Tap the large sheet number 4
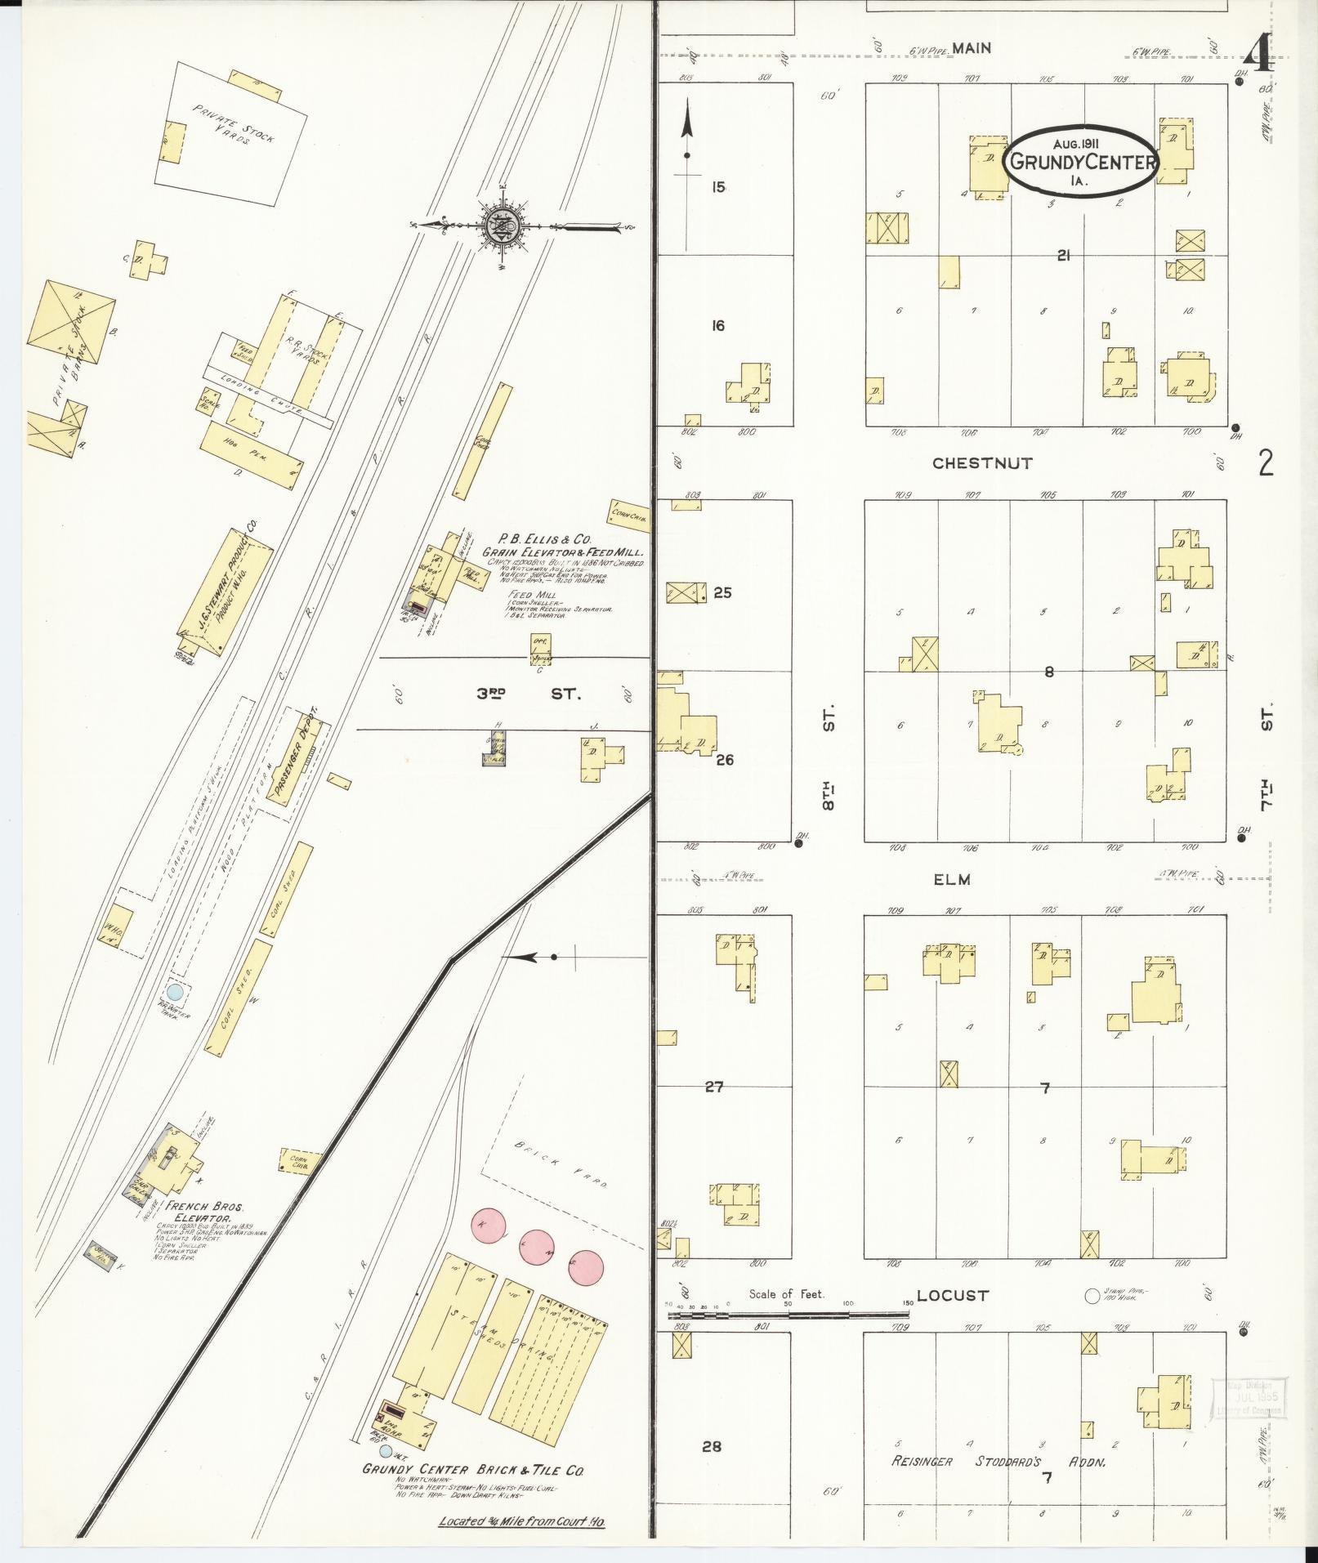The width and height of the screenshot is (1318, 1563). (1258, 56)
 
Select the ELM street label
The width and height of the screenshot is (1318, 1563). (952, 879)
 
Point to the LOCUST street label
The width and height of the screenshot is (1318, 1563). (952, 1295)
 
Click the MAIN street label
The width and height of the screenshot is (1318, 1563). (972, 48)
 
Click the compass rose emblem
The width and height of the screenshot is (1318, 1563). (498, 226)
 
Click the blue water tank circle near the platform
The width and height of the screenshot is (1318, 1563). (174, 992)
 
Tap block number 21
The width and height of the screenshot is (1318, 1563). (1062, 256)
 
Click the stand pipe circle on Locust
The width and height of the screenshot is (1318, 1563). (1091, 1296)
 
